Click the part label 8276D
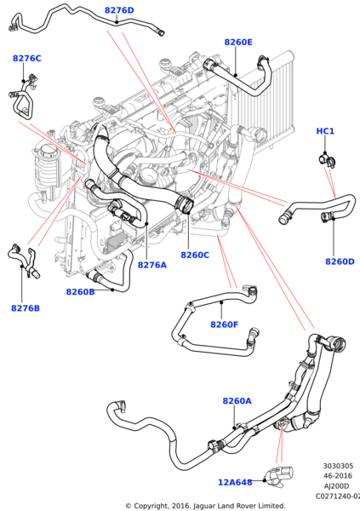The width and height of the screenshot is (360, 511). pos(119,10)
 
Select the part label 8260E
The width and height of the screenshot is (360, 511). pos(238,42)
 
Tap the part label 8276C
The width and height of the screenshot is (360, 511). pos(26,58)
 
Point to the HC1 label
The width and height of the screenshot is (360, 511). pos(325,131)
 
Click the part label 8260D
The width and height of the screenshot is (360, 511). pos(340,261)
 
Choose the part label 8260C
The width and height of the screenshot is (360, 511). pos(195,255)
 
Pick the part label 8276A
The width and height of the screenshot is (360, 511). pos(152,265)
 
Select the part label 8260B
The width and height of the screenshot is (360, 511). pos(80,292)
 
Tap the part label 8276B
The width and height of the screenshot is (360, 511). pos(26,308)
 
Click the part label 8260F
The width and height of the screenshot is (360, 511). pos(224,324)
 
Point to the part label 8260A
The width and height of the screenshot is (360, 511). pos(237,400)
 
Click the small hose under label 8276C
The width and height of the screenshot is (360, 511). pos(23,101)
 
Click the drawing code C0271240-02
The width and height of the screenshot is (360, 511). pos(337,495)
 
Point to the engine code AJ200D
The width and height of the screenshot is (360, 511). pos(338,485)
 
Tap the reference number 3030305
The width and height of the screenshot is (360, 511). pos(338,466)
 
